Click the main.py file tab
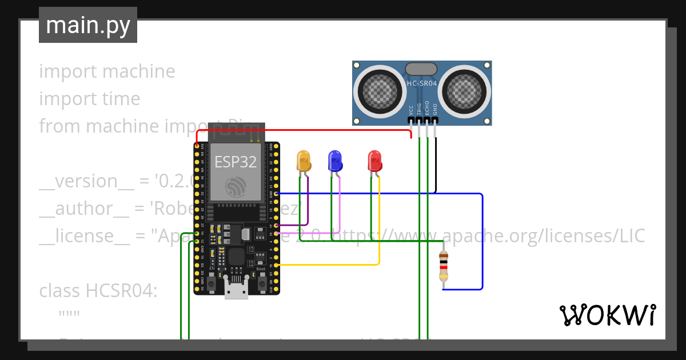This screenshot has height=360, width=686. coord(88,25)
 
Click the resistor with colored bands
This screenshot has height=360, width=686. coord(444,266)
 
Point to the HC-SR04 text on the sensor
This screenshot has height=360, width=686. coord(422,83)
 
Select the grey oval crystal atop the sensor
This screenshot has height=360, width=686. coord(421,69)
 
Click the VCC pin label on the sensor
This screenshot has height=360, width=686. coord(411,110)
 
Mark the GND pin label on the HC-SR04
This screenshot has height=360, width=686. coord(435,110)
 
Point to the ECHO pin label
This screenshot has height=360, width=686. coord(427,110)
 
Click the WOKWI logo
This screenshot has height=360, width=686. coord(607,315)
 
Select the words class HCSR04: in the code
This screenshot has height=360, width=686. coord(98,291)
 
